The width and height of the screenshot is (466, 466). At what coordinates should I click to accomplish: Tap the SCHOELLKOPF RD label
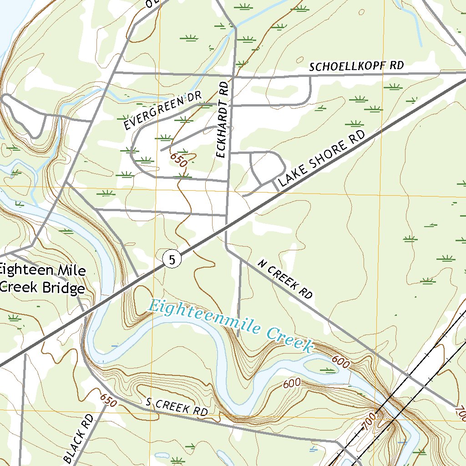tap(356, 66)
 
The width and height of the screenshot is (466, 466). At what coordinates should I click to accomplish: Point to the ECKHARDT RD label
tap(222, 120)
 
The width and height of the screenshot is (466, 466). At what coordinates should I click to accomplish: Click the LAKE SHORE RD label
tap(322, 159)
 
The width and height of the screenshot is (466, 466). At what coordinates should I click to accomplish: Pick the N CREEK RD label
tap(285, 279)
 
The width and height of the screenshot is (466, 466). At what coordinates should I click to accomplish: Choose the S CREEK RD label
tap(177, 407)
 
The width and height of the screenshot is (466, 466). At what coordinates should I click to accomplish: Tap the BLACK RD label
tap(79, 438)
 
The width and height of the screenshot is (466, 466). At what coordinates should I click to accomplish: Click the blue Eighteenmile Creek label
tap(231, 325)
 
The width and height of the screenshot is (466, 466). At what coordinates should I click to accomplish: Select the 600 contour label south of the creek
tap(292, 383)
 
